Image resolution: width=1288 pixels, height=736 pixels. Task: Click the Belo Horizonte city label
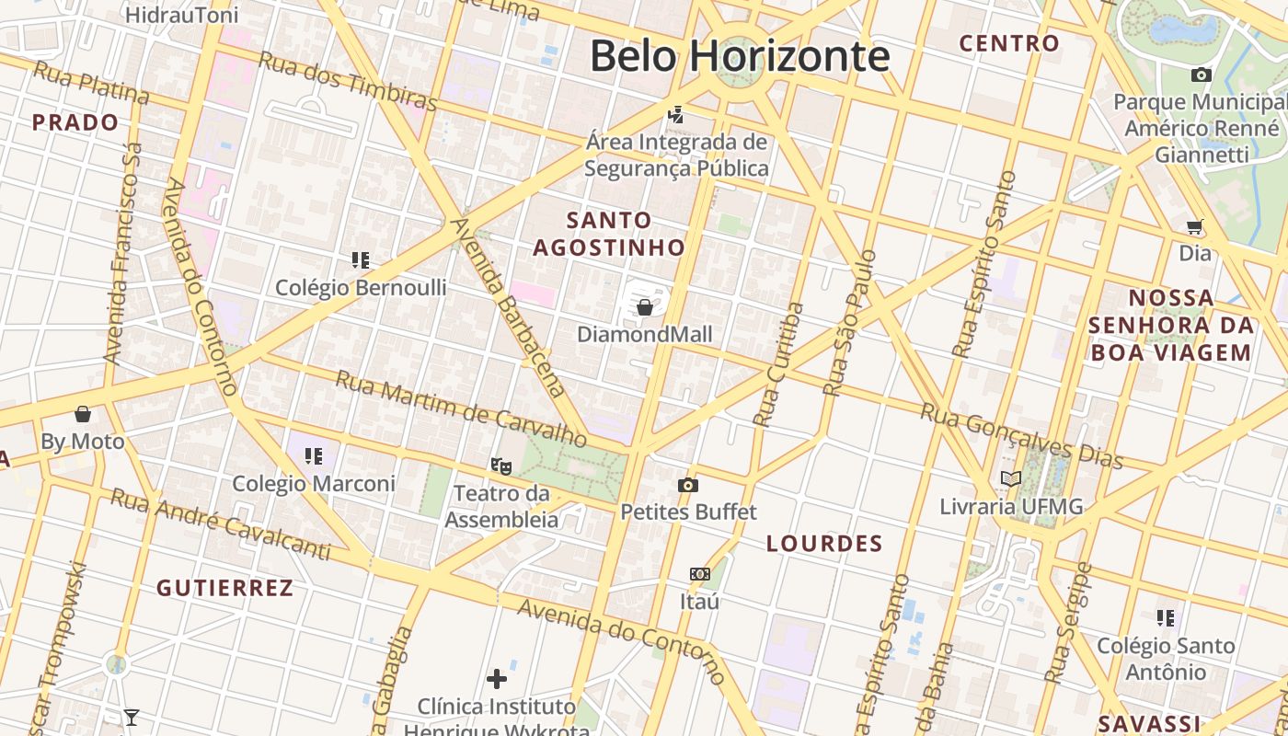[740, 55]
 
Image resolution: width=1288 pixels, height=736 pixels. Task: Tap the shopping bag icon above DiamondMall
[645, 307]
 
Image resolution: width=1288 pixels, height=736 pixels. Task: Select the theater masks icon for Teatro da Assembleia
[501, 466]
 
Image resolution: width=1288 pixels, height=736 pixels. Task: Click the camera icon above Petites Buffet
[687, 485]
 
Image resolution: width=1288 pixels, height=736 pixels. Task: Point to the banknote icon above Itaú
[700, 574]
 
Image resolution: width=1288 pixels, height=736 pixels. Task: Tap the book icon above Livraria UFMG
[1011, 478]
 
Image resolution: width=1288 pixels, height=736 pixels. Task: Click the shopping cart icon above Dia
[1195, 225]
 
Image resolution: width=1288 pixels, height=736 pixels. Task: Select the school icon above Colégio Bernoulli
[361, 260]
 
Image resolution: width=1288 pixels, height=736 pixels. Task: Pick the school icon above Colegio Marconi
[314, 455]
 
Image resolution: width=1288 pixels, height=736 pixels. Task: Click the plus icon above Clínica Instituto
[497, 679]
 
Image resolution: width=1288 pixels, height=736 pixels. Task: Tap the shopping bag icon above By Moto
[83, 414]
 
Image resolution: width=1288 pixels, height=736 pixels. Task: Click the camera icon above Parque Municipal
[1201, 75]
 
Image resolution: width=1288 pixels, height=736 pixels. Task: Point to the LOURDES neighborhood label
[824, 544]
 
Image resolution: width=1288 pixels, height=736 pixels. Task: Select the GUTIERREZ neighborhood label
[224, 588]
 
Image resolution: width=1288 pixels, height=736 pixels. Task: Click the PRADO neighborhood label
[75, 122]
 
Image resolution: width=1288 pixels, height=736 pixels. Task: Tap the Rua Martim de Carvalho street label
[460, 407]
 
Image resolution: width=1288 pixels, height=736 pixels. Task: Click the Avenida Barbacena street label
[506, 306]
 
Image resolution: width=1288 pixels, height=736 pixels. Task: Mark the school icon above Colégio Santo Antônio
[1166, 618]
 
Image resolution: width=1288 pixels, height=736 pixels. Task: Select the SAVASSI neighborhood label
[1151, 722]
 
